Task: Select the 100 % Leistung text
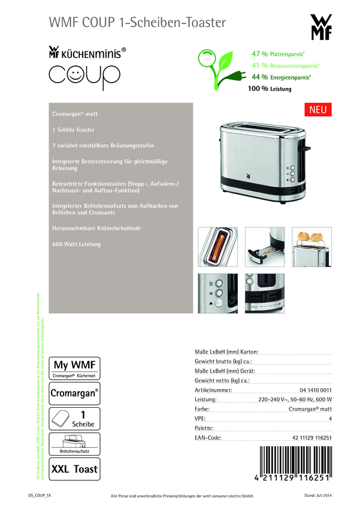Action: [270, 89]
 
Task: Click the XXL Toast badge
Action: [74, 469]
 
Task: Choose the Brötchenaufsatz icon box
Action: [74, 443]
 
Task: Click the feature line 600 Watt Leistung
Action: [77, 244]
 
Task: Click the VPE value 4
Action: [330, 419]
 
